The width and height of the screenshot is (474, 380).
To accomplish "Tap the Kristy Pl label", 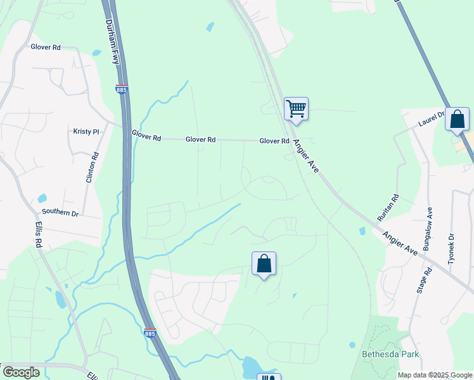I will pyautogui.click(x=87, y=132).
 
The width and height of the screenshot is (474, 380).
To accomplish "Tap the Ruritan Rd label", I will pyautogui.click(x=388, y=207).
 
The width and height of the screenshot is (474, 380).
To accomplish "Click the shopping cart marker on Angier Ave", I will pyautogui.click(x=296, y=109).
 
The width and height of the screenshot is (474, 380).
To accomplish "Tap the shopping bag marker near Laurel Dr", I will pyautogui.click(x=456, y=119).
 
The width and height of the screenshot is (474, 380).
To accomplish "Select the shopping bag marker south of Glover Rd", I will pyautogui.click(x=264, y=263).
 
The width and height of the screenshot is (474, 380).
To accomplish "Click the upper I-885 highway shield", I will pyautogui.click(x=122, y=89).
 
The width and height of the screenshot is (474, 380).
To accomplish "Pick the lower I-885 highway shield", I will pyautogui.click(x=150, y=333).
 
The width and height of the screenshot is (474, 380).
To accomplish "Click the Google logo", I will pyautogui.click(x=21, y=372).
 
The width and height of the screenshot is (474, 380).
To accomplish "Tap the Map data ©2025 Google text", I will pyautogui.click(x=435, y=375).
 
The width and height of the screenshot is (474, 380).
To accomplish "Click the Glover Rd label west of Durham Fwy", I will pyautogui.click(x=46, y=47).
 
